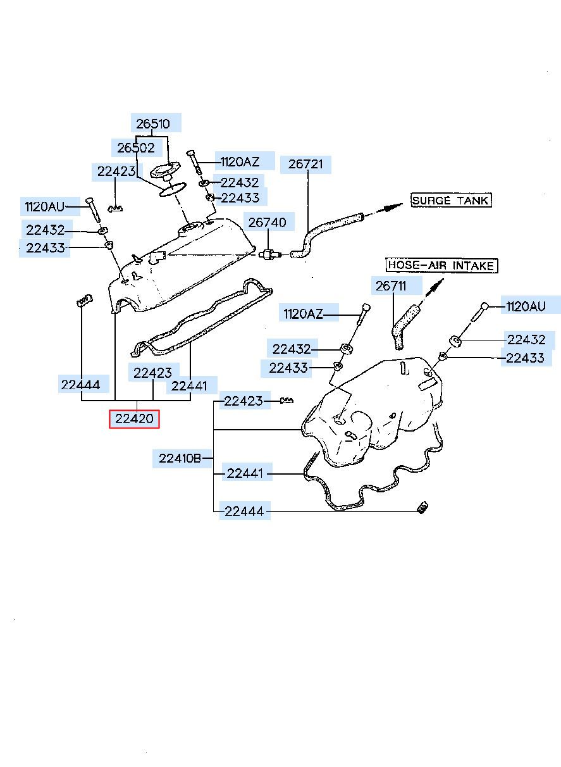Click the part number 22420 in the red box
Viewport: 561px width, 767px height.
pyautogui.click(x=134, y=418)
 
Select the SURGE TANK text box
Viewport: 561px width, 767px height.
pyautogui.click(x=450, y=201)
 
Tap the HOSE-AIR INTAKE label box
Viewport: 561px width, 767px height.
pyautogui.click(x=441, y=265)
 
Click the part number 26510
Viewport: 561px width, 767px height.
pyautogui.click(x=153, y=124)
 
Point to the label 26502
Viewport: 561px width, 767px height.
pyautogui.click(x=135, y=148)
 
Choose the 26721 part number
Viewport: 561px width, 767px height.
pyautogui.click(x=305, y=165)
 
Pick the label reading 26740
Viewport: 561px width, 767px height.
pyautogui.click(x=267, y=222)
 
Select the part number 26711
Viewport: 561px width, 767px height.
pyautogui.click(x=391, y=286)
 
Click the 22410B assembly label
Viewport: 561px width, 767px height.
pyautogui.click(x=180, y=458)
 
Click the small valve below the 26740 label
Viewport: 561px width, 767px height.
pyautogui.click(x=270, y=254)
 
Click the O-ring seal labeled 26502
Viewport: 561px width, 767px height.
pyautogui.click(x=171, y=189)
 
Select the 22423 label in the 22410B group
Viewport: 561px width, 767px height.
pyautogui.click(x=244, y=401)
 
